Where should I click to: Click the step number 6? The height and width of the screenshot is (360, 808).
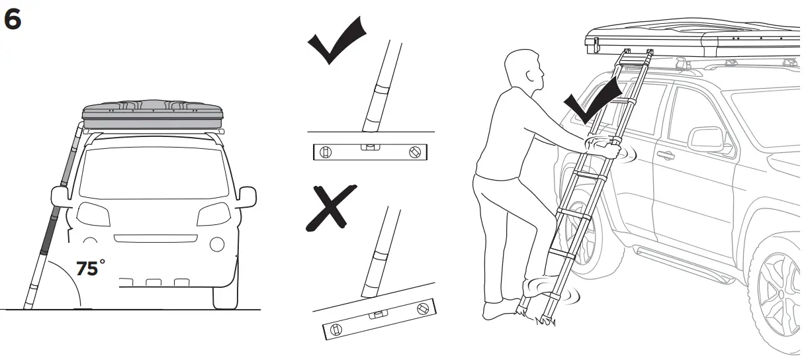[13, 19]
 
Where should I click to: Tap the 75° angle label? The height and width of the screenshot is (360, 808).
[91, 268]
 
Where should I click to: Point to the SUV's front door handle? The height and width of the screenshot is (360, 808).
[666, 156]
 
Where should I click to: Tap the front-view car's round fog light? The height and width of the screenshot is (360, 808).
[216, 244]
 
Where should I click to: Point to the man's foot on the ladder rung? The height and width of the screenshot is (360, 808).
[539, 287]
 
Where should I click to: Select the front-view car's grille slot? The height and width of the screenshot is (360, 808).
[156, 238]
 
